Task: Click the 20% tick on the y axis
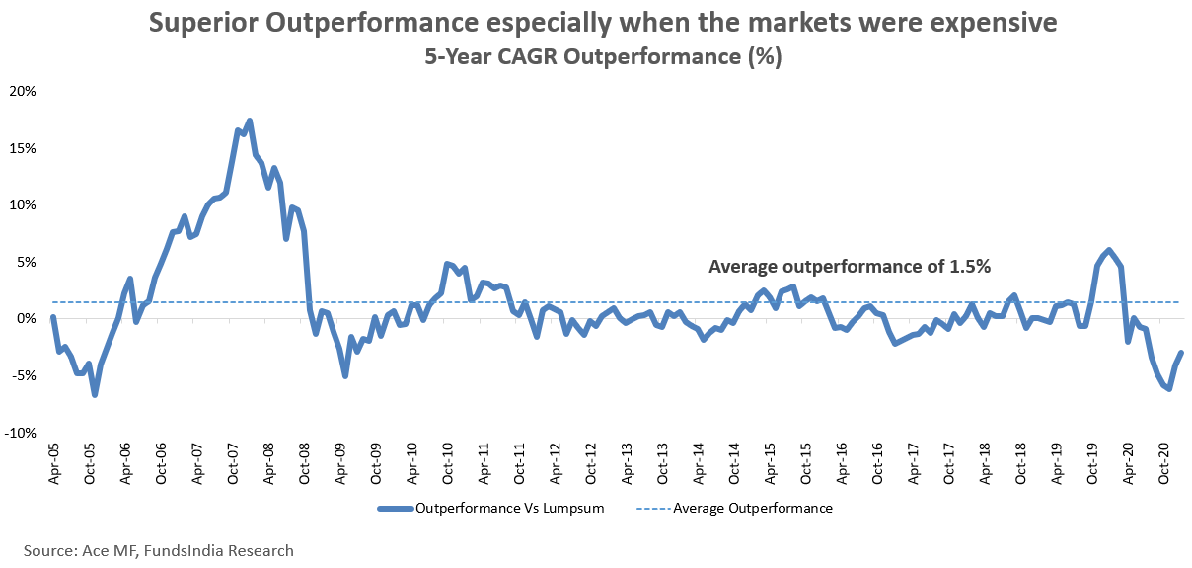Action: click(x=22, y=91)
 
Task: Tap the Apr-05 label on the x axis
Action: click(x=53, y=462)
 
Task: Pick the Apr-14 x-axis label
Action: click(x=699, y=462)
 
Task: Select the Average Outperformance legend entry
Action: click(x=752, y=509)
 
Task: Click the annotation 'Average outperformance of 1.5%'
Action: click(x=849, y=266)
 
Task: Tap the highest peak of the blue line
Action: click(x=250, y=121)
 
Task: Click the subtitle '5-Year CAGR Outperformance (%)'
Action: click(x=603, y=57)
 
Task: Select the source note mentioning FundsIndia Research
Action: click(x=159, y=550)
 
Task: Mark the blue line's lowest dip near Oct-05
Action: click(x=95, y=395)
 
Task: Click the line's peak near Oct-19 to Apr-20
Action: click(x=1110, y=250)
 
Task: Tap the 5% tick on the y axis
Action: click(x=25, y=262)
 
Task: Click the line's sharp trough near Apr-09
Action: click(x=345, y=375)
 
